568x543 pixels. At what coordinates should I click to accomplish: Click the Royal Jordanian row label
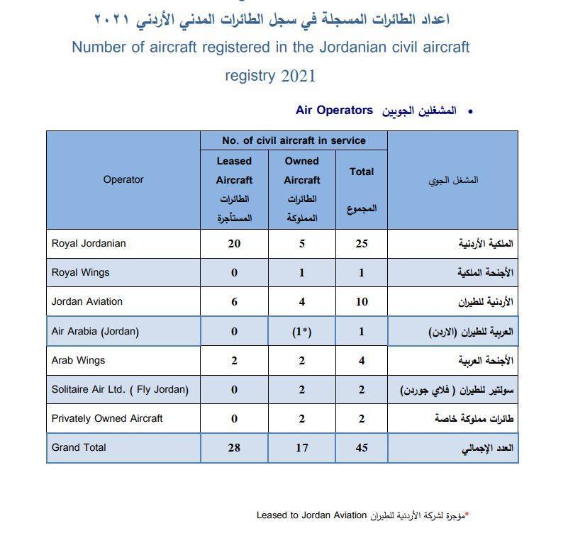coord(89,243)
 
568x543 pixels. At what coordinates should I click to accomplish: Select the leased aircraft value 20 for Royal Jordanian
coord(234,244)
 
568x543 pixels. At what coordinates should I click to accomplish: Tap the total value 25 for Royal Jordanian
coord(362,244)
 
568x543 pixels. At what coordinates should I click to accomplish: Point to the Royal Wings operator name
coord(81,272)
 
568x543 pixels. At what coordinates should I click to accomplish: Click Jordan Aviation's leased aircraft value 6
coord(234,302)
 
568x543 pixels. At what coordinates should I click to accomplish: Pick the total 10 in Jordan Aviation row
coord(362,302)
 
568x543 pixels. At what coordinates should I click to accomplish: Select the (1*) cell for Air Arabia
coord(302,331)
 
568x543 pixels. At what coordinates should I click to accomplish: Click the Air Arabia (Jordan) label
coord(95,331)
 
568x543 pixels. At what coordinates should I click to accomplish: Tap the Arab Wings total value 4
coord(362,361)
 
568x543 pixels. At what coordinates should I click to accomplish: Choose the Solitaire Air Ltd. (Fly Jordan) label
coord(120,389)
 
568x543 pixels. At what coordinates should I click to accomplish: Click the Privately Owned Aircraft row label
coord(107,418)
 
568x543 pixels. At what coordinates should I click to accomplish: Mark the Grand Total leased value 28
coord(234,448)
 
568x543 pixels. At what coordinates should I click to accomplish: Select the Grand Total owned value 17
coord(302,448)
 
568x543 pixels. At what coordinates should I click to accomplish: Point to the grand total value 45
coord(362,448)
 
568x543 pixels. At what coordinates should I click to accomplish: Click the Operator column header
coord(123,180)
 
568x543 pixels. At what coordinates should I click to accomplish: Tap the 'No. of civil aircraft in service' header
coord(294,140)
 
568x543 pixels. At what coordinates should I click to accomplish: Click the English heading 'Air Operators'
coord(334,111)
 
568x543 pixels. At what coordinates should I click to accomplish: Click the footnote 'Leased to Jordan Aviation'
coord(311,515)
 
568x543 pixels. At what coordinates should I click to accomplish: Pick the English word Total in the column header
coord(362,172)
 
